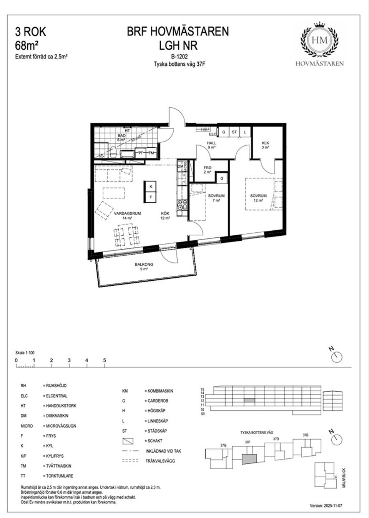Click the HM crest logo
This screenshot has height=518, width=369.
pos(319,40)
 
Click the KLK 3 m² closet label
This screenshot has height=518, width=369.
pos(265,145)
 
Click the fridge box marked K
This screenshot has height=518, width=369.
pos(151,186)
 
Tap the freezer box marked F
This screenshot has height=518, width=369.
pos(151,197)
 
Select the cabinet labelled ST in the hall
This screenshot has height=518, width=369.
pos(234,132)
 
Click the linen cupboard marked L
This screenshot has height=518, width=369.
pos(244,132)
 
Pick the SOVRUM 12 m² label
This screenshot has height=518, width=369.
pos(258,198)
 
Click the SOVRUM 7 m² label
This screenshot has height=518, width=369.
pos(216,198)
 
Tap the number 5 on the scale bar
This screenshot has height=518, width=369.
pos(105,360)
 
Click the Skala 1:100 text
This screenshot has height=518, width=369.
pos(25,353)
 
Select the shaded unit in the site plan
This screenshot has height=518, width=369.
pos(249,459)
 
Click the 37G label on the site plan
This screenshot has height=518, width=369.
pos(223,445)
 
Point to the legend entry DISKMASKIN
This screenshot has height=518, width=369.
pos(55,416)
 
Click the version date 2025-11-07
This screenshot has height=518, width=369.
pos(326,506)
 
